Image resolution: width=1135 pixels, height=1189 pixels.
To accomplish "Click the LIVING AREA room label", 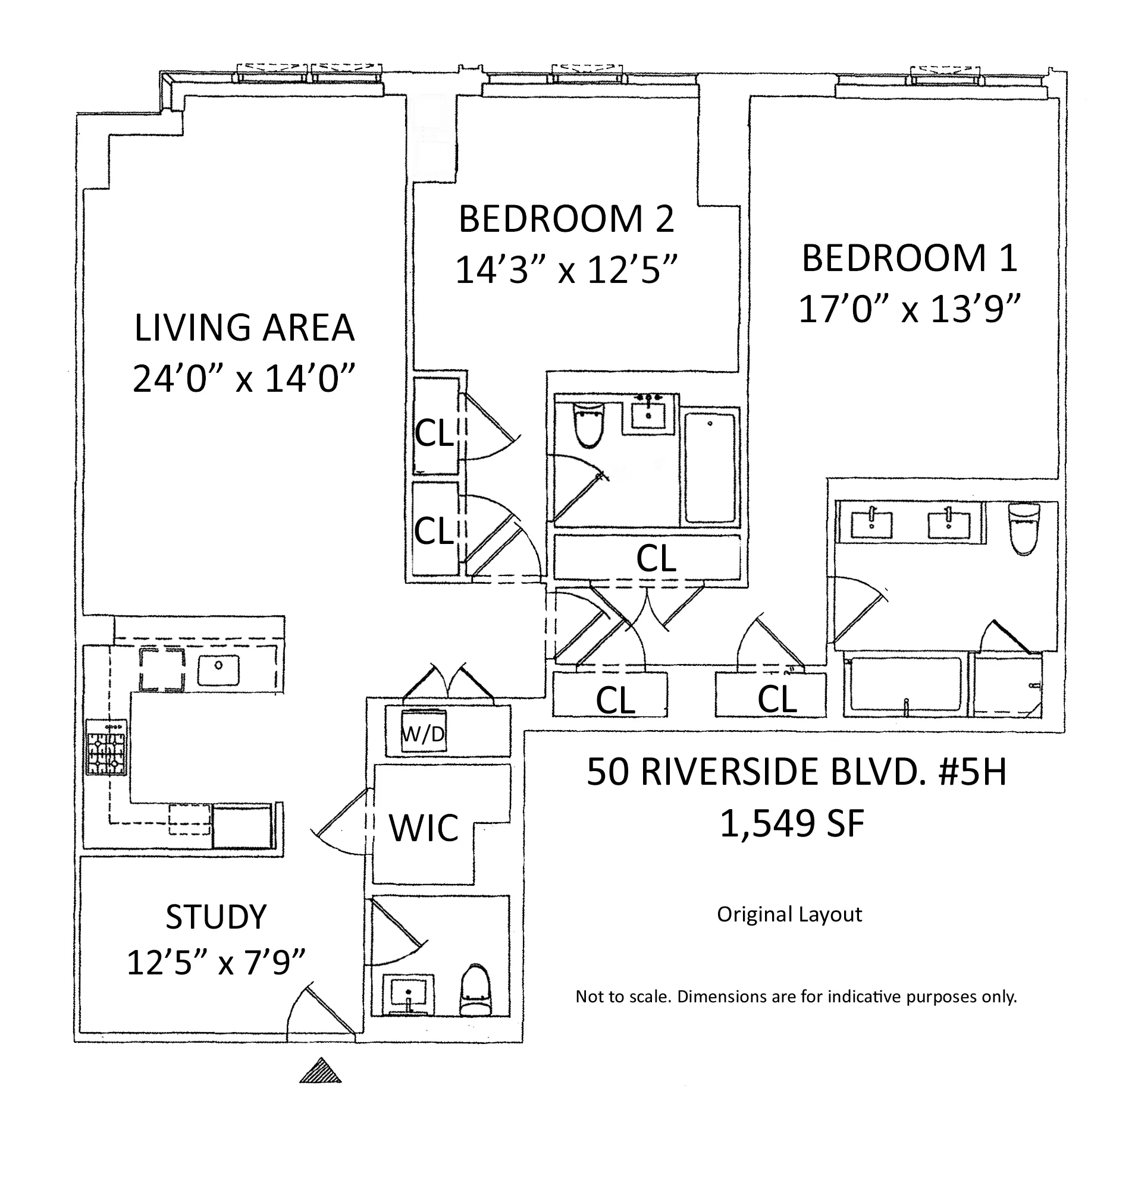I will tap(244, 328).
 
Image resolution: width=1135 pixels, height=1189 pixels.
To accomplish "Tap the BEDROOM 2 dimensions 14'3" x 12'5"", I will tap(566, 270).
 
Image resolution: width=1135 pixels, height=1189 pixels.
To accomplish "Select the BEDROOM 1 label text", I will tap(909, 258).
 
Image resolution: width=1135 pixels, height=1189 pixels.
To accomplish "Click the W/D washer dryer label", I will tap(423, 734).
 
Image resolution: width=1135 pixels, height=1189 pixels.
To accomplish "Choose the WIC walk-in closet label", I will tap(424, 828).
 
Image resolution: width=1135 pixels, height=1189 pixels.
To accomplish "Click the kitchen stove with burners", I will tap(106, 747).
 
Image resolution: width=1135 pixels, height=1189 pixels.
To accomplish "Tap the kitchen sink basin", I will tap(218, 671).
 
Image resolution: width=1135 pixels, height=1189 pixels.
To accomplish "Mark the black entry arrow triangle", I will tap(321, 1070).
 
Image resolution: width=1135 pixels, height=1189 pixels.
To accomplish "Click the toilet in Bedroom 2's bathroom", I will tap(589, 424).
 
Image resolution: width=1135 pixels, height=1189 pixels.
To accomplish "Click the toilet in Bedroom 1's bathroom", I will tap(1024, 528).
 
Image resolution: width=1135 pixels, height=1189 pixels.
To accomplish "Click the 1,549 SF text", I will tap(791, 824).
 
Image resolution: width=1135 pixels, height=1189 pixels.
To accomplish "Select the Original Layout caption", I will tap(789, 914).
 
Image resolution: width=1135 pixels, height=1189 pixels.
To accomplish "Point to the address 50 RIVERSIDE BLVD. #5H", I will tap(796, 772).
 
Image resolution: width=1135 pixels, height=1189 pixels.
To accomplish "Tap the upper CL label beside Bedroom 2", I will tap(434, 433).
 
